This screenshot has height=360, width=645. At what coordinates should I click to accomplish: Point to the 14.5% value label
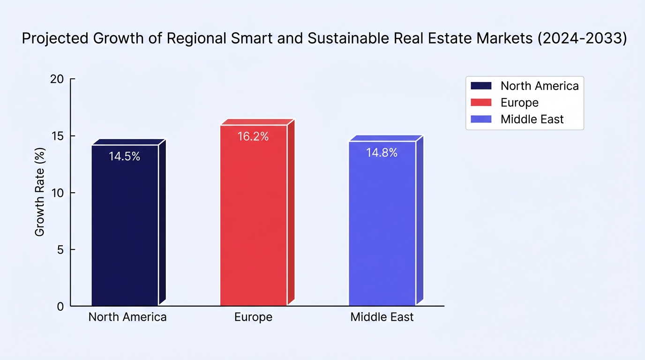coord(124,157)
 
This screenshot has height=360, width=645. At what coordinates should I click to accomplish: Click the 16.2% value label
coord(253,136)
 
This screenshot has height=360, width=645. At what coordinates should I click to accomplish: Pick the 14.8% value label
coord(382,153)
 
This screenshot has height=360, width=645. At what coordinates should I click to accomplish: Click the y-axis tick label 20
coord(57,79)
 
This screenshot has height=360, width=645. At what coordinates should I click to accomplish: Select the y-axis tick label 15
coord(57,136)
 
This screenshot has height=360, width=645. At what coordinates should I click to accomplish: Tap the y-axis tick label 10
coord(57,193)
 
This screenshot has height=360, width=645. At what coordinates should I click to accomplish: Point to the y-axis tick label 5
coord(60,250)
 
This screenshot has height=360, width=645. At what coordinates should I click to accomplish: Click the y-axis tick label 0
coord(60,307)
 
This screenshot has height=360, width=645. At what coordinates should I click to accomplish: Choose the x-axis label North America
coord(127,317)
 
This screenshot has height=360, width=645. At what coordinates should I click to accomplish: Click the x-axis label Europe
coord(254,317)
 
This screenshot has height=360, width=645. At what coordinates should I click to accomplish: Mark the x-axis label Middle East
coord(382,317)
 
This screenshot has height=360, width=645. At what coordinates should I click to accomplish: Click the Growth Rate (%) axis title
coord(39,192)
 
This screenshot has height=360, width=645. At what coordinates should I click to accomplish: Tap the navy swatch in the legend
coord(481,86)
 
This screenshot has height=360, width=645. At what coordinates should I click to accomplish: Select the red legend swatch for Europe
coord(481,103)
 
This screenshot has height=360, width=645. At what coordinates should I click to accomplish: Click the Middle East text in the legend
coord(532,119)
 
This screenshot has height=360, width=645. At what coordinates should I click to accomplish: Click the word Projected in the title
coord(55,38)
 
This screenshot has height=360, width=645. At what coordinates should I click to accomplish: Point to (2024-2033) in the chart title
coord(582,38)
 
